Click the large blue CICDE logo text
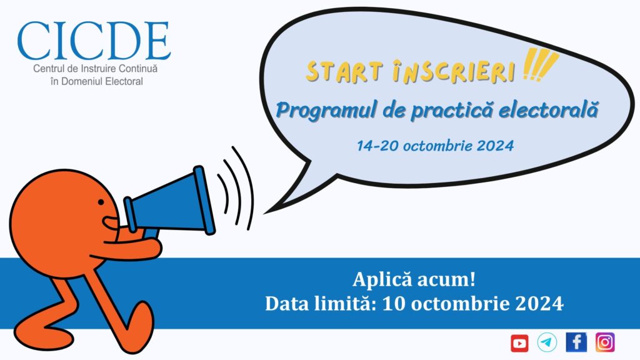tap(94, 41)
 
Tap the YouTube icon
tap(519, 343)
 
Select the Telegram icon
tap(547, 342)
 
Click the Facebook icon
tap(576, 342)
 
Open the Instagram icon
tap(605, 342)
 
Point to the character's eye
tap(101, 202)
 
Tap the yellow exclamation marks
tap(539, 65)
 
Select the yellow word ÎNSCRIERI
tap(454, 72)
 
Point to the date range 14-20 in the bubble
tap(377, 146)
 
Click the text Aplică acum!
tap(414, 279)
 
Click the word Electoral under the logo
tap(124, 81)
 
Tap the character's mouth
tap(110, 223)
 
